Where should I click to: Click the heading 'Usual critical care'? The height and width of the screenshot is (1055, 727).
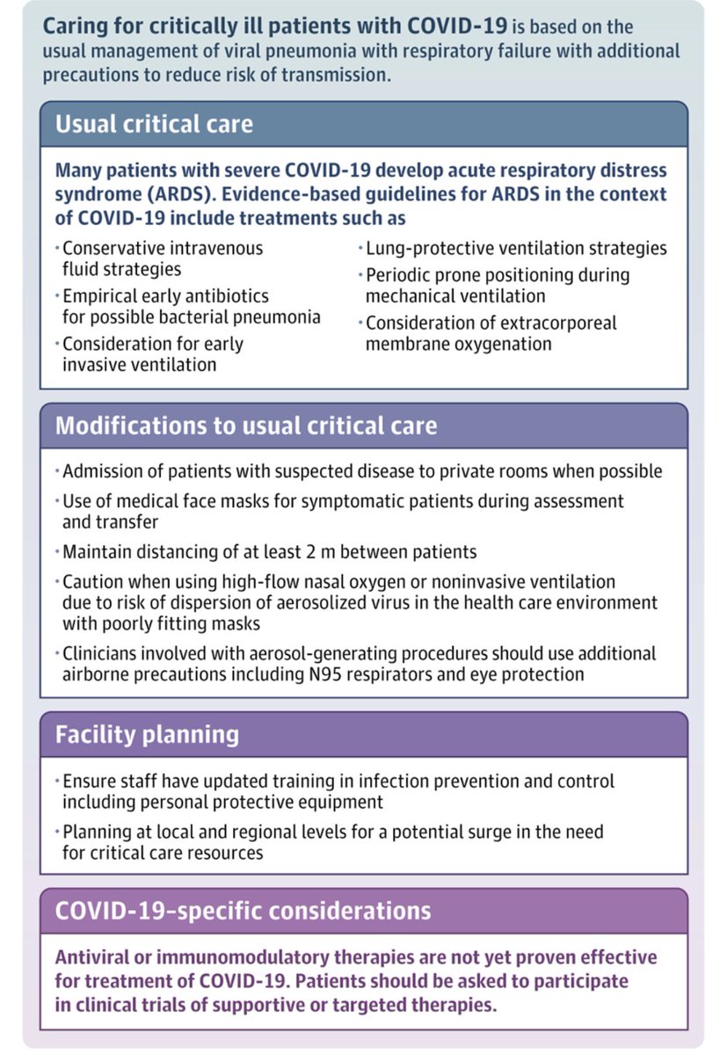[154, 124]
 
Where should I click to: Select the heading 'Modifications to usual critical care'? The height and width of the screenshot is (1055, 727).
[245, 426]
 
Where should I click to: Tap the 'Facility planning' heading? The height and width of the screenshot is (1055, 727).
[147, 734]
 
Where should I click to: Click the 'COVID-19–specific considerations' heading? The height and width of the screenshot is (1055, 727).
[243, 910]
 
